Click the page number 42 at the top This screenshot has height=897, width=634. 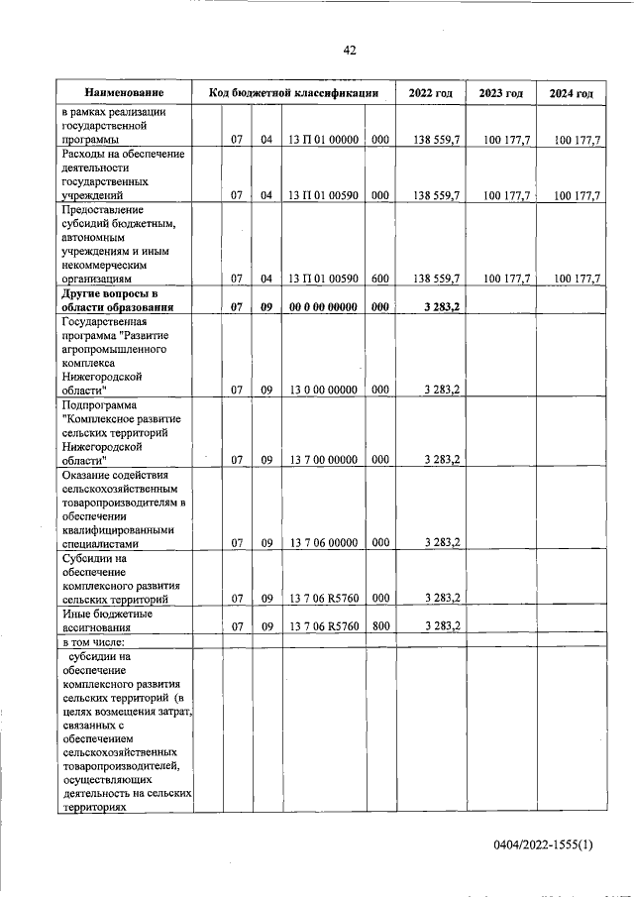[x=350, y=51]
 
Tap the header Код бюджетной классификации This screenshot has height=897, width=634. [x=294, y=93]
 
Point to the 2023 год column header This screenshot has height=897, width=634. [x=500, y=93]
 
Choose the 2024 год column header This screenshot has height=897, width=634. [x=571, y=93]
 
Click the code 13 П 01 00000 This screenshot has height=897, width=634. [x=323, y=140]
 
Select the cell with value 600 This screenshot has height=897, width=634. [x=379, y=280]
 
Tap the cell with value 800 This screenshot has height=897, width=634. [x=379, y=625]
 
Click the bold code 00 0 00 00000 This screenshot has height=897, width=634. [x=323, y=307]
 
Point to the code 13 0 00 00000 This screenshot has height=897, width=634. [x=323, y=391]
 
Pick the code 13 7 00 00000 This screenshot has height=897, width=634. [x=323, y=459]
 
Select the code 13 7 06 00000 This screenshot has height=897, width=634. [x=323, y=542]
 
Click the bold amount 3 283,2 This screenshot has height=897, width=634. [x=440, y=307]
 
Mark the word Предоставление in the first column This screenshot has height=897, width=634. [x=102, y=210]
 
